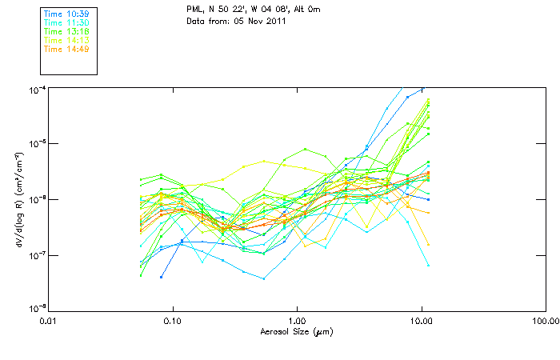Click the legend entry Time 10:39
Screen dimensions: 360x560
(66, 14)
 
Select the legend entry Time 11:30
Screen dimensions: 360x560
(66, 22)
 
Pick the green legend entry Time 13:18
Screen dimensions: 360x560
(66, 31)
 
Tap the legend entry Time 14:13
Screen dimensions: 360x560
(66, 40)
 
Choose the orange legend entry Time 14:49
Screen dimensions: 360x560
(66, 49)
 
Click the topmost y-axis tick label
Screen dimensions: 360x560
(37, 87)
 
